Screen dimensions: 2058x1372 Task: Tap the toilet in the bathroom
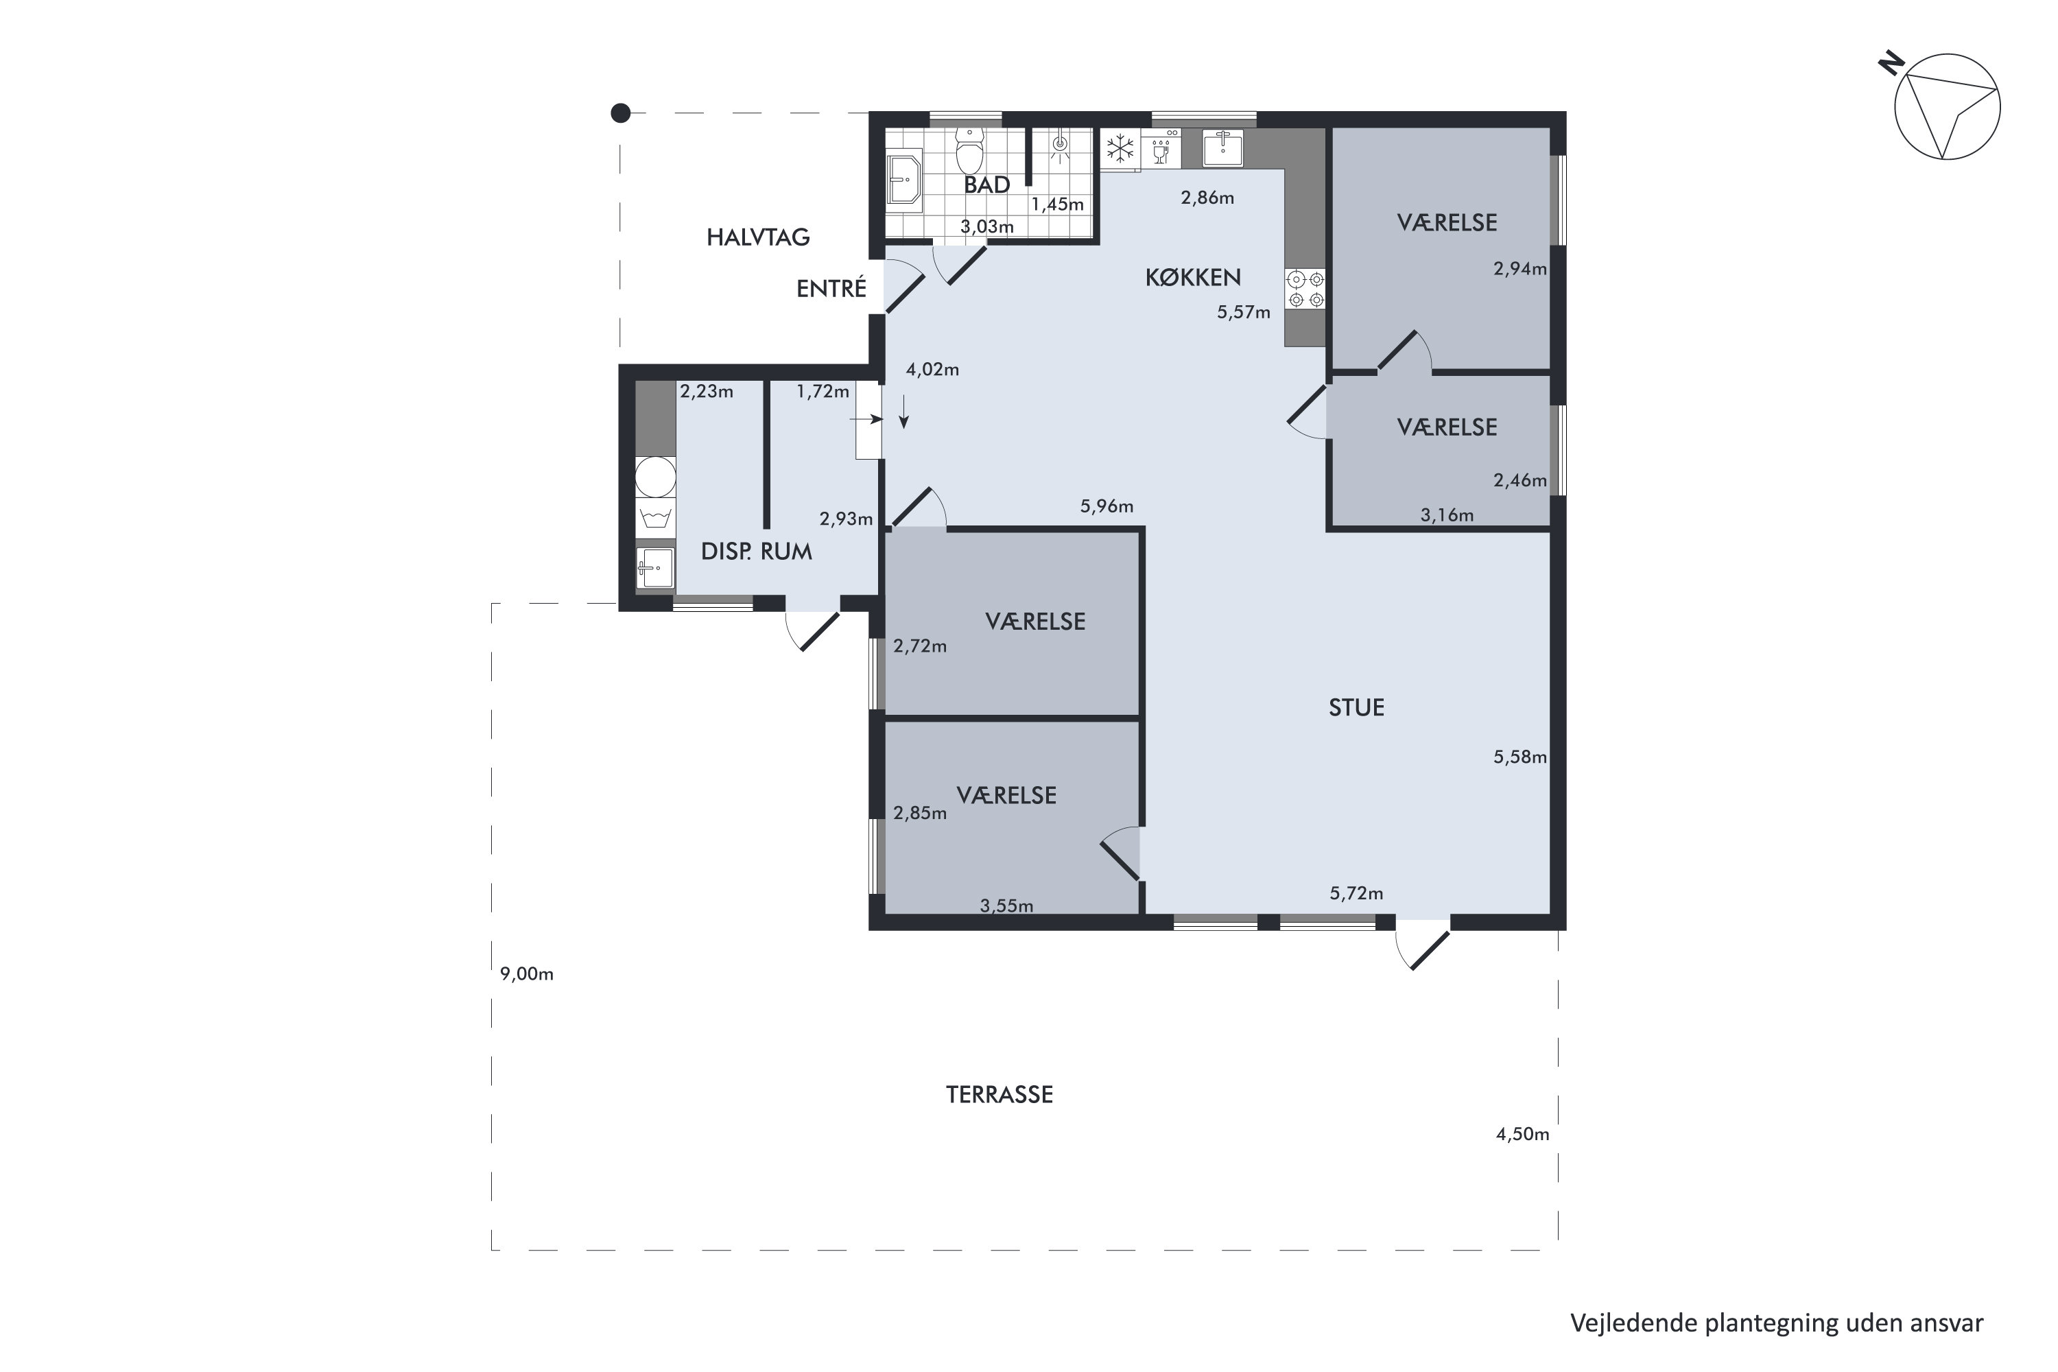[969, 150]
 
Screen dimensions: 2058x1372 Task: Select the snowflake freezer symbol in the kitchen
[1120, 149]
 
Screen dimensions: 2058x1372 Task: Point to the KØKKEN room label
[1193, 277]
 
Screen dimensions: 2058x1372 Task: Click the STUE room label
[1356, 707]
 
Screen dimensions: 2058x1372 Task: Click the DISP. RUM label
[756, 552]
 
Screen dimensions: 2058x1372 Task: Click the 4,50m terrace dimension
[1522, 1135]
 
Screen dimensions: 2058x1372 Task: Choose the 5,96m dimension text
[1107, 506]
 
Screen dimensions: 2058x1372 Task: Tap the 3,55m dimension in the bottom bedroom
[1006, 906]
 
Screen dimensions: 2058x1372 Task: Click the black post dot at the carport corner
[620, 113]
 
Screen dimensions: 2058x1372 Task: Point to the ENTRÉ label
[831, 289]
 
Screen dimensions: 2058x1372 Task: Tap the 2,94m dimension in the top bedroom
[1520, 269]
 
